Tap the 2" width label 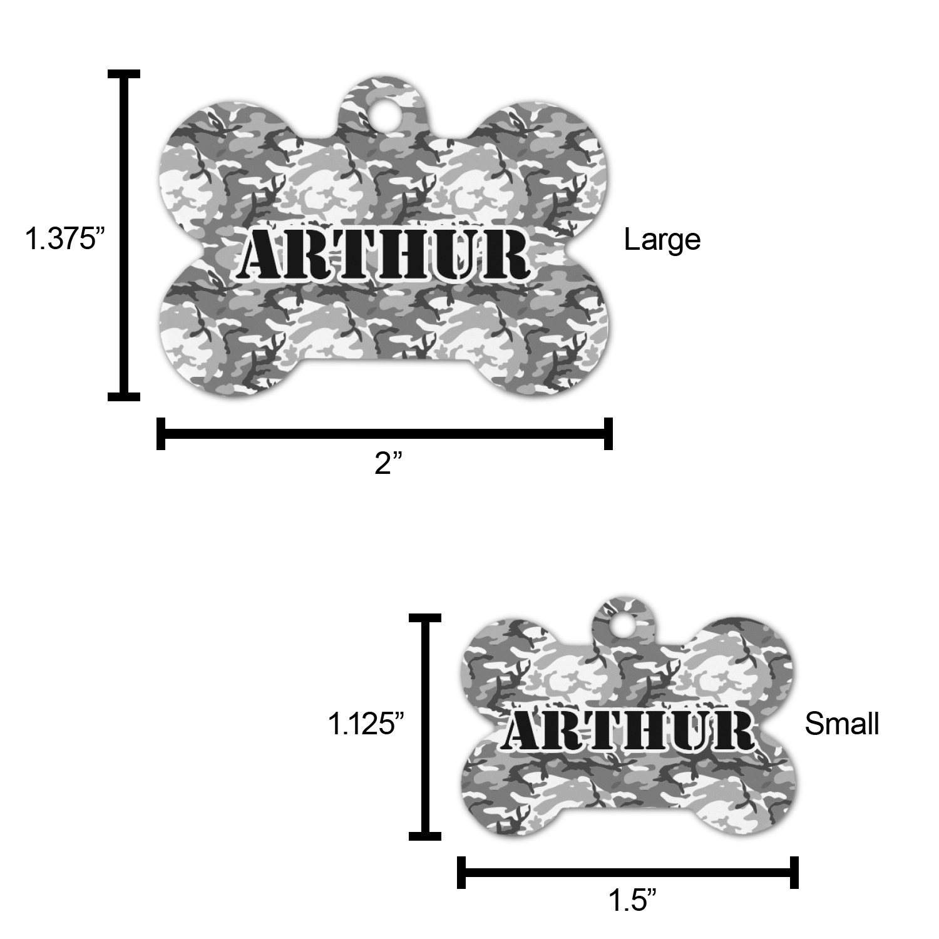coord(388,464)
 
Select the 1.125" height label coord(366,724)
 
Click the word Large coord(662,240)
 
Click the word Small coord(842,724)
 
